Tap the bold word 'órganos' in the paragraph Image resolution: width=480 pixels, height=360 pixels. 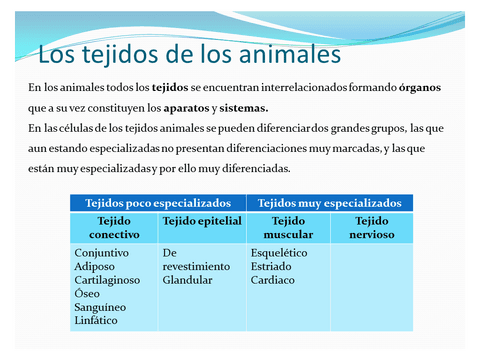coord(414,88)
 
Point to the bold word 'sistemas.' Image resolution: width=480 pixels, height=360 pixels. coord(245,108)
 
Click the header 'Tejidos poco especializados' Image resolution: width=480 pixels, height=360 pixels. coord(158,202)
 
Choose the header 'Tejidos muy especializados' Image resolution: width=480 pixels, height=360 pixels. coord(329,202)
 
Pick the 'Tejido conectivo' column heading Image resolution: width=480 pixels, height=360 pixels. coord(114,227)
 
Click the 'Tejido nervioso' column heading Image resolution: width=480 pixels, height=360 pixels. coord(371,227)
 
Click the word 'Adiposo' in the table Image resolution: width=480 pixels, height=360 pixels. coord(97,267)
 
